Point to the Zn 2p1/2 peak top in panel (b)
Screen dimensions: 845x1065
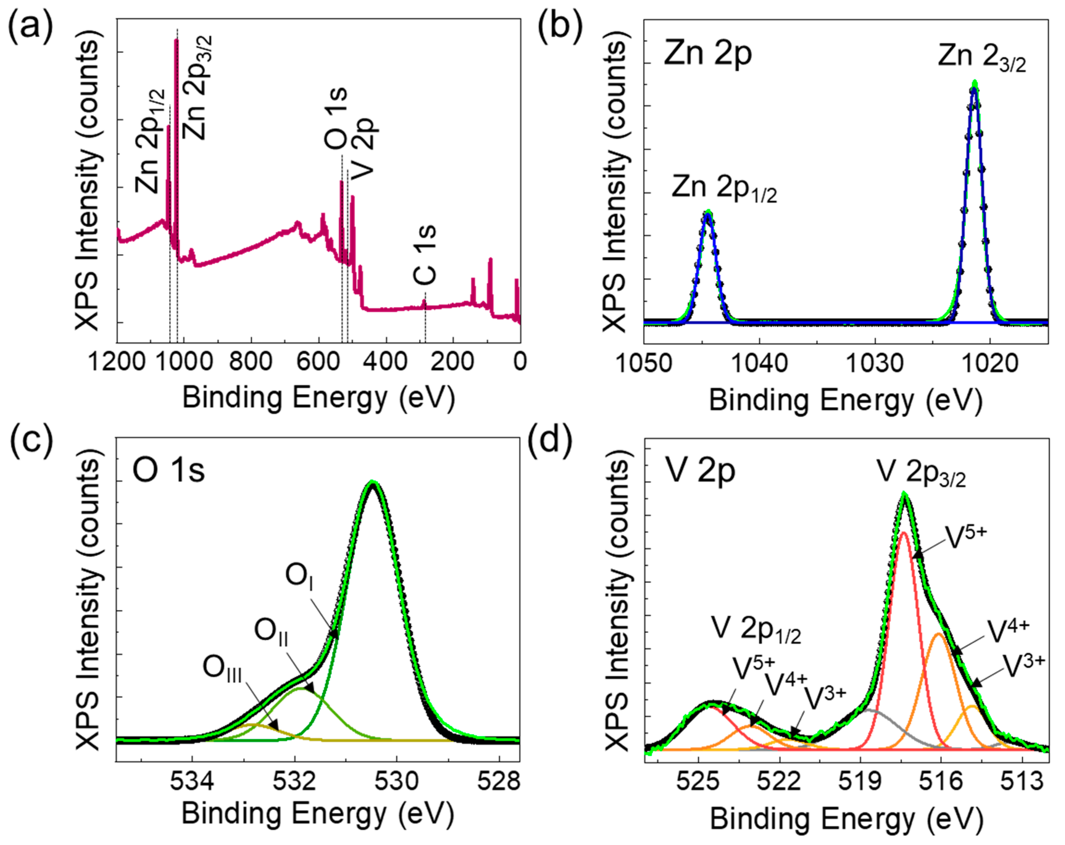click(x=708, y=213)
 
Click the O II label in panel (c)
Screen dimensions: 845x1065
click(x=271, y=632)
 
